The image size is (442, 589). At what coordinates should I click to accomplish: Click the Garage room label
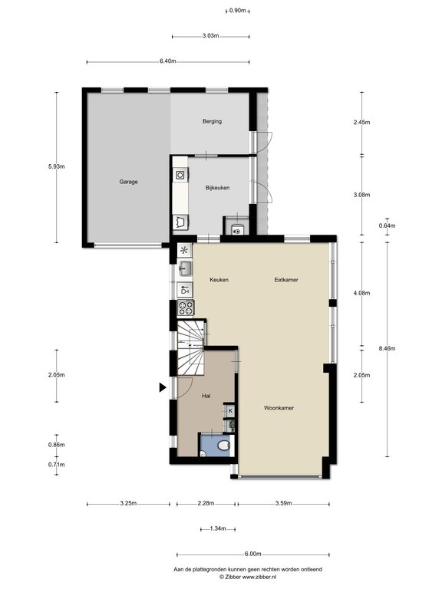point(129,182)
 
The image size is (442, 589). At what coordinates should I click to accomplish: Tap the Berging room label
point(212,121)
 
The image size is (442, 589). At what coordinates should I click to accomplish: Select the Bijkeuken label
point(218,188)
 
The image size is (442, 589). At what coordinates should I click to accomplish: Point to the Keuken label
point(219,280)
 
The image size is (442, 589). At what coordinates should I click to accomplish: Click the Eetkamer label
point(286,280)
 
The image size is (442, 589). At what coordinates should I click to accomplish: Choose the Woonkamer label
point(279,408)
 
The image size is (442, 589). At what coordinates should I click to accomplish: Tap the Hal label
point(206,396)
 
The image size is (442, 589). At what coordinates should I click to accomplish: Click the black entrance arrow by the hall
point(163,387)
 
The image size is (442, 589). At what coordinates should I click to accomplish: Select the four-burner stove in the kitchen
point(185,308)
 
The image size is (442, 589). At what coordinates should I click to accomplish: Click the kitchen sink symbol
point(185,268)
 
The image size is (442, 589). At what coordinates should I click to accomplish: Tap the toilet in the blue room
point(223,446)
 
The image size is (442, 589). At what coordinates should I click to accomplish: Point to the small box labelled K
point(230,410)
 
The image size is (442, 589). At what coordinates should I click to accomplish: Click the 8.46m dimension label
point(388,349)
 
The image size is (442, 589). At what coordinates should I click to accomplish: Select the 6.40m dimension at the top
point(168,61)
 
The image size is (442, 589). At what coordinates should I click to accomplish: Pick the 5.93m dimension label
point(56,166)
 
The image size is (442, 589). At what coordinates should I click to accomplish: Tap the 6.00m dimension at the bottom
point(253,554)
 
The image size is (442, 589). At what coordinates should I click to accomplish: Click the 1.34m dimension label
point(218,529)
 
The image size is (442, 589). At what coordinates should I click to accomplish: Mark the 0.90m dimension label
point(238,11)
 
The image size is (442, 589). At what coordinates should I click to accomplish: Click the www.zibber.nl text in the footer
point(259,576)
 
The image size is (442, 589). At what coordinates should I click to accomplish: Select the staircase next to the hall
point(191,347)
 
